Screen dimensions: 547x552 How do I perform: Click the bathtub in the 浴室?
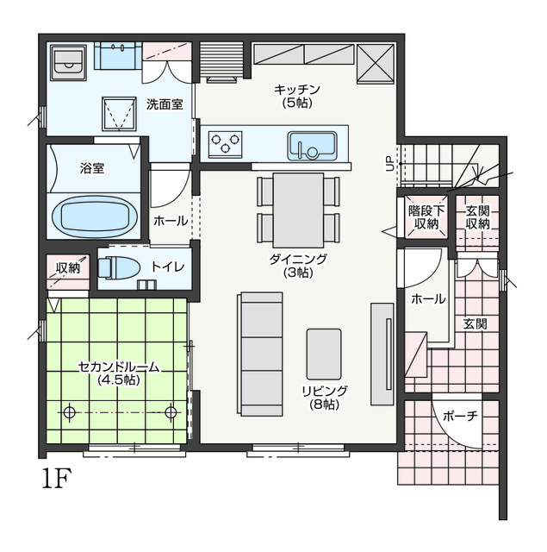(95, 216)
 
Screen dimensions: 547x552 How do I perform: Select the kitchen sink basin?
(312, 146)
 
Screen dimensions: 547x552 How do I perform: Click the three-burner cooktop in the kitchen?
(225, 144)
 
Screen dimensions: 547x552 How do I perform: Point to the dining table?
(298, 210)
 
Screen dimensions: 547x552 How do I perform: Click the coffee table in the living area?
(324, 354)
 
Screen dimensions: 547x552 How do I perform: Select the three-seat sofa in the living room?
(260, 354)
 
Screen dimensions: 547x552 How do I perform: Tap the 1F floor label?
(57, 478)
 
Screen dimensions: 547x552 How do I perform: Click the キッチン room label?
(297, 89)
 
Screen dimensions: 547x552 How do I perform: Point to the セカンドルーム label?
(119, 367)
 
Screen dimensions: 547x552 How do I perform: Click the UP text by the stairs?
(390, 164)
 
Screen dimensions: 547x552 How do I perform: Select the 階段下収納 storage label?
(426, 217)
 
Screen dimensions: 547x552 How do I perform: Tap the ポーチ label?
(460, 416)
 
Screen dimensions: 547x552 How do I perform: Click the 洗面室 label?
(165, 104)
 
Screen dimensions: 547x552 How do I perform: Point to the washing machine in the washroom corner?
(68, 62)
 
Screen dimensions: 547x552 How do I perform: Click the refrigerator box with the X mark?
(375, 64)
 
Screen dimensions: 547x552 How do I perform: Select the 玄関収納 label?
(478, 217)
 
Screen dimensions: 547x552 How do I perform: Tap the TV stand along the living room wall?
(382, 354)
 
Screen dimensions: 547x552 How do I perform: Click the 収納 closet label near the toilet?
(68, 268)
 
